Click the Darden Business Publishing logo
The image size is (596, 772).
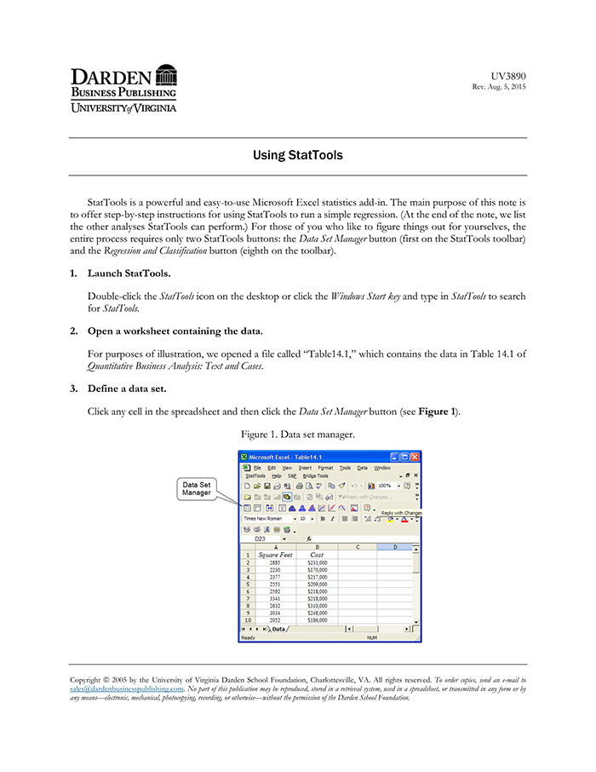point(123,88)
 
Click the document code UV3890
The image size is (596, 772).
point(508,76)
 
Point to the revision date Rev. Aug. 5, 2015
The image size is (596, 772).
point(499,88)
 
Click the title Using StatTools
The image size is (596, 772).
point(298,156)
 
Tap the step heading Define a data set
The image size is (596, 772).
point(127,389)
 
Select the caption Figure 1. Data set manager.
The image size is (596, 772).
point(298,435)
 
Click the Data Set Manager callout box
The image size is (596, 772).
point(197,489)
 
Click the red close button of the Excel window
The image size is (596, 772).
point(415,457)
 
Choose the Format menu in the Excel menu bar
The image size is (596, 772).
point(325,468)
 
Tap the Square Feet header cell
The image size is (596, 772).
point(274,555)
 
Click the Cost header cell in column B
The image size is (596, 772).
point(316,555)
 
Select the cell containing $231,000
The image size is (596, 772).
point(317,563)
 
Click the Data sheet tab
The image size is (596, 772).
point(278,629)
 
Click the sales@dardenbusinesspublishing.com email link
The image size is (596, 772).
point(126,688)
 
